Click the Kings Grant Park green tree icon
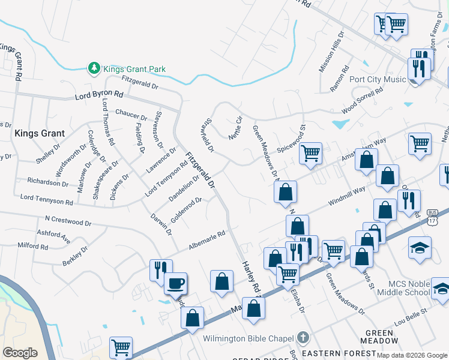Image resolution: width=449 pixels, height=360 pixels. pos(94,69)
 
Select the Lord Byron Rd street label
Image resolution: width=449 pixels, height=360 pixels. pos(99,95)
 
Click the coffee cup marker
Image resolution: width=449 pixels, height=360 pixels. pos(175,283)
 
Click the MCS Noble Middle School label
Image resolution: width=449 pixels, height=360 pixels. pos(409,287)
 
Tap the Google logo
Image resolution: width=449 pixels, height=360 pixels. pos(20,353)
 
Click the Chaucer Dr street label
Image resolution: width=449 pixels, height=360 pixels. pos(131,113)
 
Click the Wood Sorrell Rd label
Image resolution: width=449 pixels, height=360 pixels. pos(362,101)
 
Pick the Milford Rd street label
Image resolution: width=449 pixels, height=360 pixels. pos(32,246)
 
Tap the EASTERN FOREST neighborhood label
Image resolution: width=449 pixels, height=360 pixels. pos(330,353)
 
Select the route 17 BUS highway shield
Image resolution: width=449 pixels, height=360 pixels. pos(432,217)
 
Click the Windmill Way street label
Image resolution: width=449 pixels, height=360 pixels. pos(346,197)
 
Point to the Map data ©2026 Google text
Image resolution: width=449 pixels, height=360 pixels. pos(412,355)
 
